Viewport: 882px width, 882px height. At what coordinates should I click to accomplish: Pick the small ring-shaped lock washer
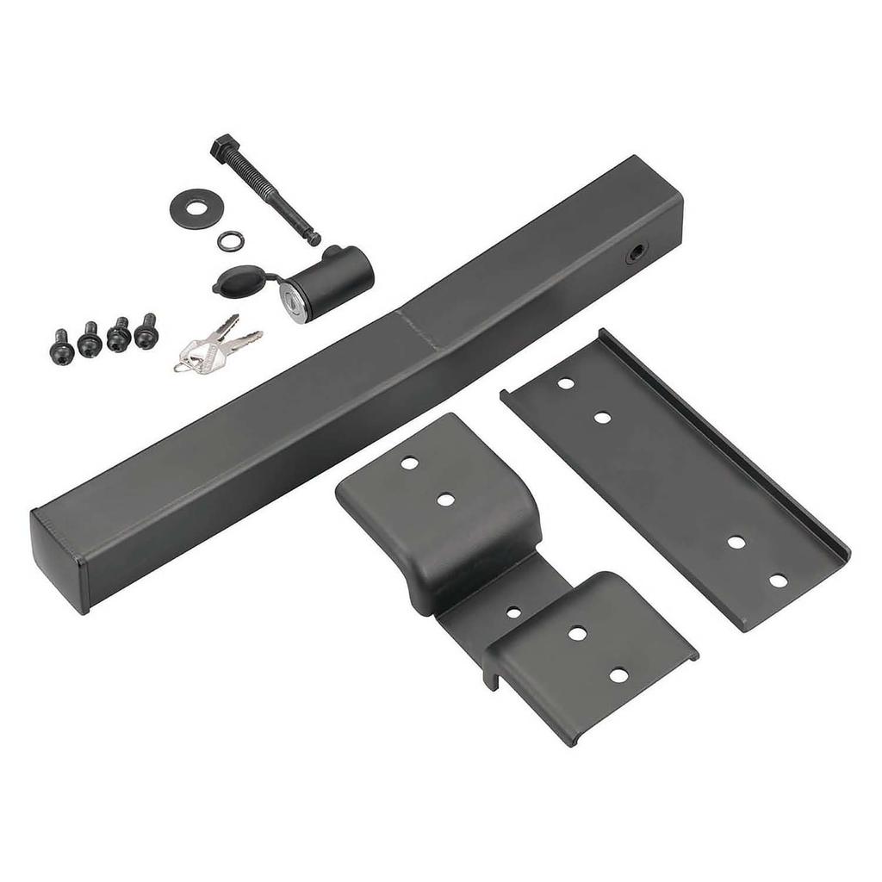[229, 240]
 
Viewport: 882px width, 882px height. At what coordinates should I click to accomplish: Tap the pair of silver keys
[215, 347]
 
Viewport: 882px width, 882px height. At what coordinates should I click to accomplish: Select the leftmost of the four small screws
[62, 347]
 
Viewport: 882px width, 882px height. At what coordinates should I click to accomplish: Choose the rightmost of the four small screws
[147, 332]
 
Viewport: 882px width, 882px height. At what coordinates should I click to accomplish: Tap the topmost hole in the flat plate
[566, 383]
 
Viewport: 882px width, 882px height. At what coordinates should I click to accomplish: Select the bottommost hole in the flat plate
[778, 581]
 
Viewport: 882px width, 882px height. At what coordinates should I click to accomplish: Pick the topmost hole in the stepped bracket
[409, 463]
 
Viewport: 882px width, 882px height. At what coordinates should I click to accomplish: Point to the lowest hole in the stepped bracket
[618, 675]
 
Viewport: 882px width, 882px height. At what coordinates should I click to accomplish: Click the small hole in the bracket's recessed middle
[513, 612]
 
